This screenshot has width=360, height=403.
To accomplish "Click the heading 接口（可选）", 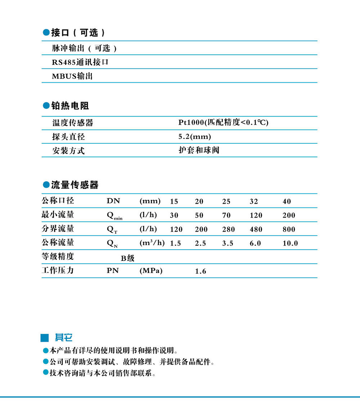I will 78,33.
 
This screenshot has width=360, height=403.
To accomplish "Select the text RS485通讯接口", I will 80,62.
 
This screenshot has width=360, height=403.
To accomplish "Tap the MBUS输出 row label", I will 72,76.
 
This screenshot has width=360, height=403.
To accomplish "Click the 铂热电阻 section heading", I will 70,106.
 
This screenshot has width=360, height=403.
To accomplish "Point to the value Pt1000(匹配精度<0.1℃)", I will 224,122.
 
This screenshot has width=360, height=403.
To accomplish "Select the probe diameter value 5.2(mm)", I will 195,136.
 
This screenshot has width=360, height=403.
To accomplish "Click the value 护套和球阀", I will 199,150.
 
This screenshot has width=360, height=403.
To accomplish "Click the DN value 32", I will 254,201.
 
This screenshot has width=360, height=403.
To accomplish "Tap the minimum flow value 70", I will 226,215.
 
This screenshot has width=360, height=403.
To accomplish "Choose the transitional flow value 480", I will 256,229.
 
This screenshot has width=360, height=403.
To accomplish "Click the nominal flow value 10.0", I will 290,243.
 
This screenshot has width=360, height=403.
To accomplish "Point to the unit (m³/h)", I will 152,243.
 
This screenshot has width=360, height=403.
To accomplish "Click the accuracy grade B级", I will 127,258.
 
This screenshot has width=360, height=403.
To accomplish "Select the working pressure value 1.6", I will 201,271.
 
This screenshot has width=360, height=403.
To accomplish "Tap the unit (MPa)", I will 151,271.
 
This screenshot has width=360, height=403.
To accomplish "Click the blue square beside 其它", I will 45,338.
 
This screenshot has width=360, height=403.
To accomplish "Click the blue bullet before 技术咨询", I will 45,373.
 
